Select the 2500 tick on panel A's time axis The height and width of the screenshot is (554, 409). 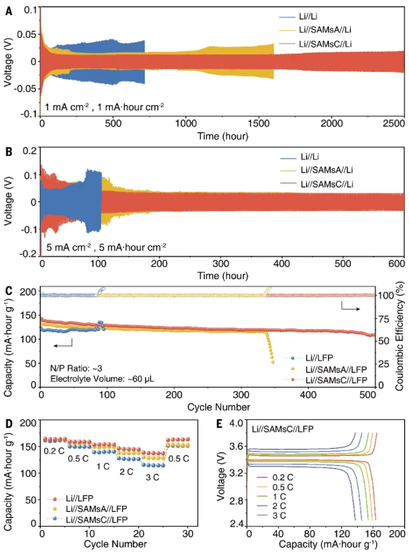click(387, 123)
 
